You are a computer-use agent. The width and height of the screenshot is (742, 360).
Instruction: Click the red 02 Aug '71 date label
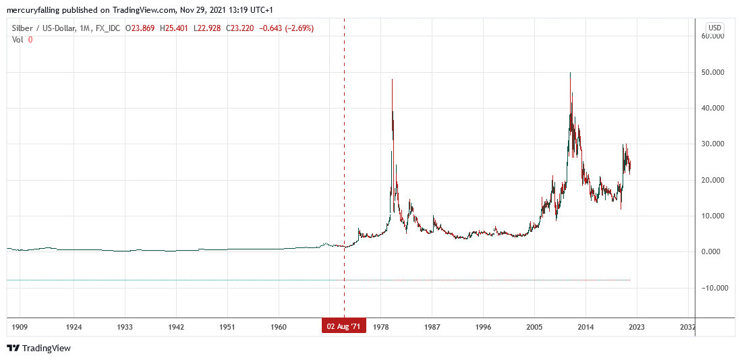pyautogui.click(x=344, y=327)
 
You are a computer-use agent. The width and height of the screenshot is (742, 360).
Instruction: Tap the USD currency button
pyautogui.click(x=714, y=28)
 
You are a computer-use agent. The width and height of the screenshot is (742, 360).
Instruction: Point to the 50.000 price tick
pyautogui.click(x=714, y=72)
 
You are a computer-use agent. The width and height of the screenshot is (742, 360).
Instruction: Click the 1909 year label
pyautogui.click(x=20, y=327)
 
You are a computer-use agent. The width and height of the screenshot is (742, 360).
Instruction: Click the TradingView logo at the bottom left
pyautogui.click(x=39, y=348)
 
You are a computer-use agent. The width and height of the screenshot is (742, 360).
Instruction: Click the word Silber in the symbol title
pyautogui.click(x=23, y=28)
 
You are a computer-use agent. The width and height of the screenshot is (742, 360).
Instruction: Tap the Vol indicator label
pyautogui.click(x=19, y=39)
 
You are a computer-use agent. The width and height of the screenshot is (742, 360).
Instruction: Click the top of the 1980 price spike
pyautogui.click(x=392, y=80)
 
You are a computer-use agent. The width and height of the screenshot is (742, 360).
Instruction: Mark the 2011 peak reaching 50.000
pyautogui.click(x=571, y=73)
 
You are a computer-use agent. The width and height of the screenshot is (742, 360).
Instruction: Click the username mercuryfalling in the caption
pyautogui.click(x=34, y=9)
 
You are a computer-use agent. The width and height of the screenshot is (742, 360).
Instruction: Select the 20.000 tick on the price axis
pyautogui.click(x=714, y=180)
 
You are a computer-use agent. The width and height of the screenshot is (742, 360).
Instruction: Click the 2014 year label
pyautogui.click(x=586, y=327)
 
